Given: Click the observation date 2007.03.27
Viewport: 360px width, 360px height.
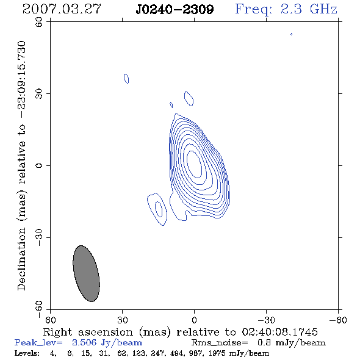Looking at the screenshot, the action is pos(62,9).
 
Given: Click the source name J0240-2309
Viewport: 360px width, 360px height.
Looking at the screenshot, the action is pos(175,10).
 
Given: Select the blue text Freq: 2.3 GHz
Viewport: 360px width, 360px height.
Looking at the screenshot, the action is pos(286,10).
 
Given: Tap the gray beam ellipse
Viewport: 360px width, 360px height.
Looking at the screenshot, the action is pos(86,273).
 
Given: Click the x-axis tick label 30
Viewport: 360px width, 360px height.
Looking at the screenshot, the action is pos(122,320).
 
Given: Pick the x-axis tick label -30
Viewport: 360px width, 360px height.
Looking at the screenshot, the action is pos(266,320).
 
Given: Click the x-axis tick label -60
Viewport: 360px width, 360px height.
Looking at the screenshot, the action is pos(338,320).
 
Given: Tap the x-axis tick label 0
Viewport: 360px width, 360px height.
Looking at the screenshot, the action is pos(194,320).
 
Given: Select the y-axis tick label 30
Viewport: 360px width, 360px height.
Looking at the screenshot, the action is pos(39,94).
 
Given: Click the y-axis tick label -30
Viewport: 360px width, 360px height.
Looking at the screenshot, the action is pos(39,237).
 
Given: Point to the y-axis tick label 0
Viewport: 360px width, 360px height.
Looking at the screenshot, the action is pos(39,165).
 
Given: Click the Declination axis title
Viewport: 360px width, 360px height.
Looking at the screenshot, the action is pos(21,165).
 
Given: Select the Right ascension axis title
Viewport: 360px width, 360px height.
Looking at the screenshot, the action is pos(181,332).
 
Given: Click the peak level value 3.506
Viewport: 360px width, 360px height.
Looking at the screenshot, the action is pos(84,342).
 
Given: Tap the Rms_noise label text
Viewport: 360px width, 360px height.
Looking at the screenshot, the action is pos(220,343).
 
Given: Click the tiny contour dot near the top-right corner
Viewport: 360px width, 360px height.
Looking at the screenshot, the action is pos(291,34).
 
